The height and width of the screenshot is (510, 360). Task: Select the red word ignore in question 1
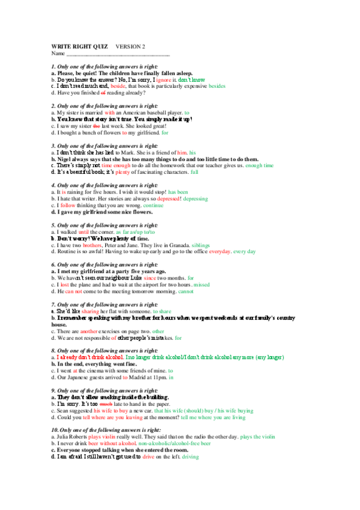[x=165, y=79]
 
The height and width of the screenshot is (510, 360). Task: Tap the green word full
[x=194, y=172]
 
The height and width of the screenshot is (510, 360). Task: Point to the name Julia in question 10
[x=62, y=437]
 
